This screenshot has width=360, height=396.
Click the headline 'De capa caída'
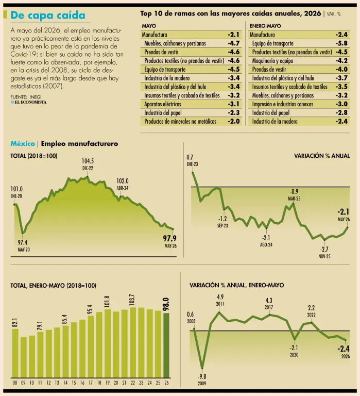pyautogui.click(x=48, y=15)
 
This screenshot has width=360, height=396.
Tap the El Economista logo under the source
pyautogui.click(x=28, y=102)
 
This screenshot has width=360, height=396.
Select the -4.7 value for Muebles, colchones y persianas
pyautogui.click(x=234, y=43)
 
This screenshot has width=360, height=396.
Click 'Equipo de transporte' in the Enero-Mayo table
pyautogui.click(x=273, y=43)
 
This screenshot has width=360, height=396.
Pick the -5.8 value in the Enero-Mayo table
pyautogui.click(x=341, y=43)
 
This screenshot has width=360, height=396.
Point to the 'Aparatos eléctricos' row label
pyautogui.click(x=163, y=104)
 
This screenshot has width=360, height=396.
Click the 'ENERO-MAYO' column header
pyautogui.click(x=265, y=26)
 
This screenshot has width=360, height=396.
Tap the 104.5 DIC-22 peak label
pyautogui.click(x=88, y=164)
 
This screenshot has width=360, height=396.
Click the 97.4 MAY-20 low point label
pyautogui.click(x=23, y=246)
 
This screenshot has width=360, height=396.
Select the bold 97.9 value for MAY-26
pyautogui.click(x=170, y=238)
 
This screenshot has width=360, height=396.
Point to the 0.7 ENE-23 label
pyautogui.click(x=192, y=160)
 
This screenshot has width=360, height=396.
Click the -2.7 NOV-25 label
pyautogui.click(x=324, y=253)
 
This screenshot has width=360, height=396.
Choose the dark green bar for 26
pyautogui.click(x=166, y=345)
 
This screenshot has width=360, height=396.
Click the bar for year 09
pyautogui.click(x=24, y=357)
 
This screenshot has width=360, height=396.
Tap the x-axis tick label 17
pyautogui.click(x=91, y=383)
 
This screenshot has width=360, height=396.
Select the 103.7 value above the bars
pyautogui.click(x=132, y=300)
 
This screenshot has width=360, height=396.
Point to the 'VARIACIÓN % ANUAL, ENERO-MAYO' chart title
pyautogui.click(x=236, y=285)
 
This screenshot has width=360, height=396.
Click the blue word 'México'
pyautogui.click(x=23, y=144)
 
